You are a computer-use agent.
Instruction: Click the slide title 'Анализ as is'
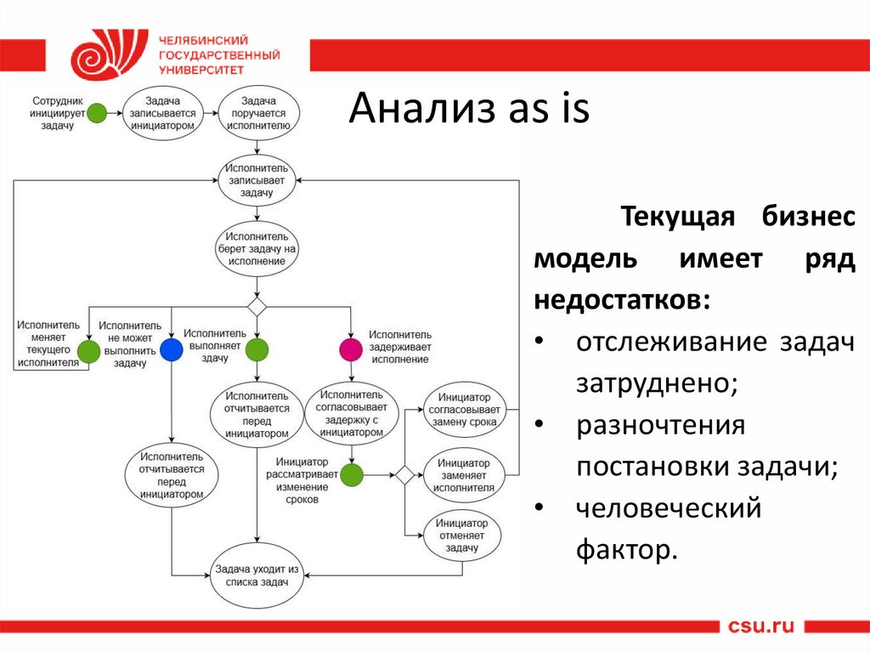point(468,111)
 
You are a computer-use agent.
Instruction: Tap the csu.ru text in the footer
point(760,626)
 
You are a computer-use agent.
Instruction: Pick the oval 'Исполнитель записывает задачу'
point(257,180)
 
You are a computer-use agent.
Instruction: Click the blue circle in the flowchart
point(172,349)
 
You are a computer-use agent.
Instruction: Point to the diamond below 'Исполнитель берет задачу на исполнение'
point(257,306)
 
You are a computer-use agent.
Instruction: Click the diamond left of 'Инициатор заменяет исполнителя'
point(404,475)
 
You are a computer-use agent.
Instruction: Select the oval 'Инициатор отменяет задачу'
point(463,536)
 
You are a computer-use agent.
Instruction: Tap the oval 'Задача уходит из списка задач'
point(257,575)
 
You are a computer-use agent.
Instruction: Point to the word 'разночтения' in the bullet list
point(660,425)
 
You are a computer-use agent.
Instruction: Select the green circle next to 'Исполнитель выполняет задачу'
point(257,349)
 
